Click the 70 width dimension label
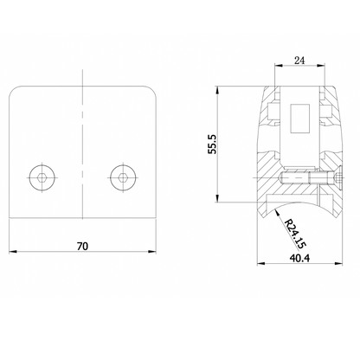82,246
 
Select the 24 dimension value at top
299,61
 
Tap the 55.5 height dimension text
212,144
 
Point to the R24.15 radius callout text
294,234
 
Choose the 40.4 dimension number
299,258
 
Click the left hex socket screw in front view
42,177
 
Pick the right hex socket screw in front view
123,177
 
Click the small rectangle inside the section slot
299,119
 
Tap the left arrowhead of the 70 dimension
13,252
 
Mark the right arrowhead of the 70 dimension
152,252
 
